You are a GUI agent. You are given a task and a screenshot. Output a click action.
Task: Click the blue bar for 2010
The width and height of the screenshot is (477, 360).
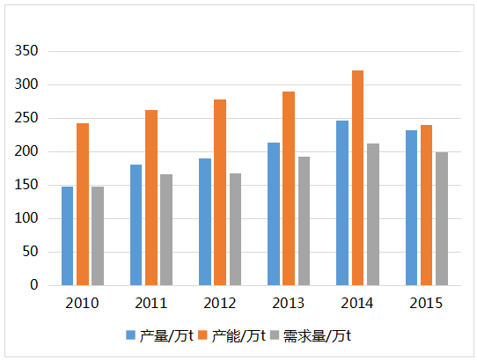(67, 236)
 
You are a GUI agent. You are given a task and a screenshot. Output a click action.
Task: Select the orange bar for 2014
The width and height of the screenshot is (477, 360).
(357, 178)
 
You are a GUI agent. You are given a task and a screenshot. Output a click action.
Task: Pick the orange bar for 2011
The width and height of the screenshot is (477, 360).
(151, 197)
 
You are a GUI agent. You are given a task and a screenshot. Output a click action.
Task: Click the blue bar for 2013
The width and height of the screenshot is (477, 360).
(274, 214)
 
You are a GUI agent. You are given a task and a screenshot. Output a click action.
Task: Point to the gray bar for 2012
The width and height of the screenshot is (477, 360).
(235, 229)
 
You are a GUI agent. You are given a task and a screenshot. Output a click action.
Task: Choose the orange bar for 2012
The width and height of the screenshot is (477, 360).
(220, 192)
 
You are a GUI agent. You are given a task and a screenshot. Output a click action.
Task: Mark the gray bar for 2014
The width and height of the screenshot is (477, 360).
(373, 214)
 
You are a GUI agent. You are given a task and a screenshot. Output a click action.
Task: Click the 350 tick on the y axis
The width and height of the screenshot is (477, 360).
(27, 51)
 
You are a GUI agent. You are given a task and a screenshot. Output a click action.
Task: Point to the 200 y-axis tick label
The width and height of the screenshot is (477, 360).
(27, 151)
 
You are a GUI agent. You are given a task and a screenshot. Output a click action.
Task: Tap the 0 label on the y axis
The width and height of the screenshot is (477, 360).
(34, 285)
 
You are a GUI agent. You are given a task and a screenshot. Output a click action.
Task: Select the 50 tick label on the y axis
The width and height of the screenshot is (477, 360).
(31, 252)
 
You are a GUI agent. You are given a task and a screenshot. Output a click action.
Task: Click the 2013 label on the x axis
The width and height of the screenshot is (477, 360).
(289, 303)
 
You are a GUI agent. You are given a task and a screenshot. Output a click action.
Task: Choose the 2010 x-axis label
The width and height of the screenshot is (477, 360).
(82, 303)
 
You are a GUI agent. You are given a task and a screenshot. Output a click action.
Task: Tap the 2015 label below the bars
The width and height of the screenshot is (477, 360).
(426, 303)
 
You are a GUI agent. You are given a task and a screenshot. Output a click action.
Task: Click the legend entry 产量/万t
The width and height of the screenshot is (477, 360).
(165, 335)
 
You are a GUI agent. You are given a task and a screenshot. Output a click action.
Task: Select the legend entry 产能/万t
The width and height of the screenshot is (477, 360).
(237, 335)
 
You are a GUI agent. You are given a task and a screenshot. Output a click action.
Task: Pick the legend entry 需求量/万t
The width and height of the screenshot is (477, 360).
(316, 335)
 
